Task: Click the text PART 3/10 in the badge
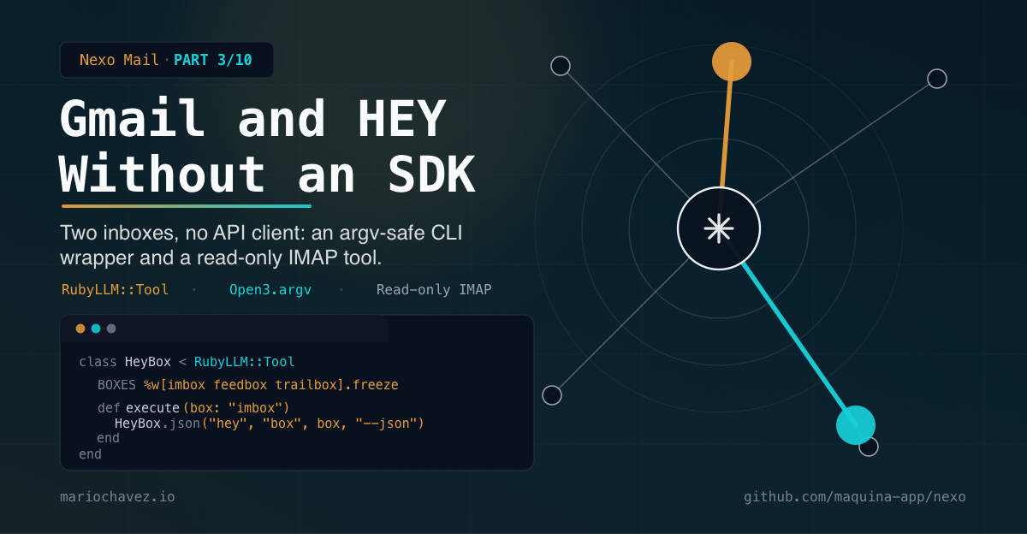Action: click(213, 60)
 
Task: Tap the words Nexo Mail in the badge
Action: click(119, 60)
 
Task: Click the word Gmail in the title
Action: click(132, 118)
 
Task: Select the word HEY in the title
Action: click(401, 118)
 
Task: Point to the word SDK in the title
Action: click(432, 175)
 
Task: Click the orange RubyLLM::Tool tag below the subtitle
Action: click(115, 290)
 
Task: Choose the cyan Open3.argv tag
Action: click(270, 290)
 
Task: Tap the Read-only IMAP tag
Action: click(434, 290)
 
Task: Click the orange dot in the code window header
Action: click(80, 329)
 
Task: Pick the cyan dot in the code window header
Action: click(96, 329)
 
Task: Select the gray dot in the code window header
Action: click(111, 329)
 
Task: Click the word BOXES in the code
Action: click(116, 385)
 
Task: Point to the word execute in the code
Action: click(152, 408)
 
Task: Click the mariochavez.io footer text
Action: click(117, 497)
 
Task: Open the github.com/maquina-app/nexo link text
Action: click(855, 497)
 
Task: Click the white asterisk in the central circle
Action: click(719, 228)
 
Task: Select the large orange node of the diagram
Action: click(732, 62)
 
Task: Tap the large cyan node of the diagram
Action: click(856, 425)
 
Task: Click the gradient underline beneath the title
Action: click(187, 206)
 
